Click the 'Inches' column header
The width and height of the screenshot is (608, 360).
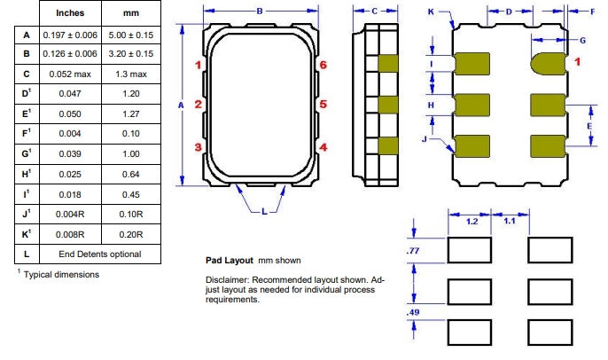pyautogui.click(x=70, y=13)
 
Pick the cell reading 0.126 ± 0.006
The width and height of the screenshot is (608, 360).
pyautogui.click(x=70, y=53)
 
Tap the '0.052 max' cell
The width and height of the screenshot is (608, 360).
pyautogui.click(x=70, y=74)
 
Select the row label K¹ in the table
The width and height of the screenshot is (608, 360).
pyautogui.click(x=27, y=234)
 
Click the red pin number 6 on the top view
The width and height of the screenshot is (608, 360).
pyautogui.click(x=323, y=66)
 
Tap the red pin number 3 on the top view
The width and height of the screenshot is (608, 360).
pyautogui.click(x=199, y=147)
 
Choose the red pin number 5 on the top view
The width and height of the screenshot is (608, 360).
pyautogui.click(x=323, y=105)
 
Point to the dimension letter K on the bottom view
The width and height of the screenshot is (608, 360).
pyautogui.click(x=431, y=12)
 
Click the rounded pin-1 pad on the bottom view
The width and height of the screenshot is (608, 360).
pyautogui.click(x=548, y=64)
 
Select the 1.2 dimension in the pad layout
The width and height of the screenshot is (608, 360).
pyautogui.click(x=472, y=222)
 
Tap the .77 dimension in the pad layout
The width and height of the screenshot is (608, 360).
pyautogui.click(x=410, y=253)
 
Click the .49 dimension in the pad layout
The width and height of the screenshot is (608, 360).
pyautogui.click(x=411, y=312)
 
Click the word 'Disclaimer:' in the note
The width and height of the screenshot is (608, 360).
pyautogui.click(x=228, y=280)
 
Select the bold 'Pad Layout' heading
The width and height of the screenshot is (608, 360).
pyautogui.click(x=229, y=261)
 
